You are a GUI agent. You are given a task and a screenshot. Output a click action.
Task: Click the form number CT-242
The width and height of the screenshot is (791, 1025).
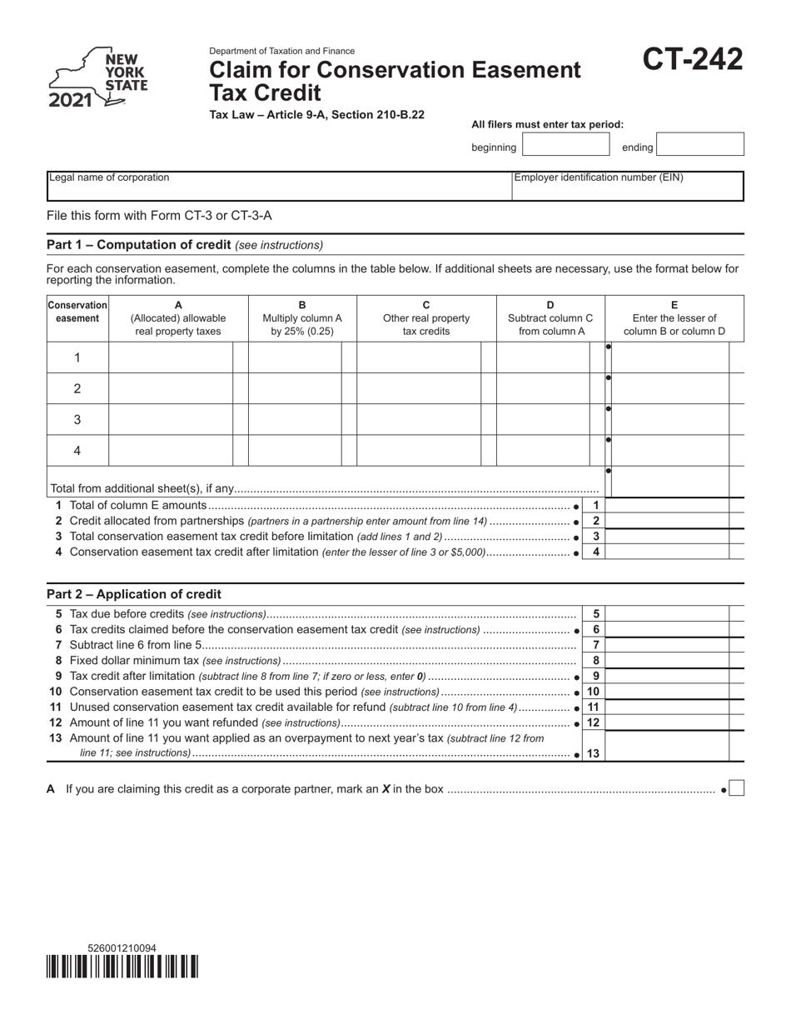[x=692, y=60]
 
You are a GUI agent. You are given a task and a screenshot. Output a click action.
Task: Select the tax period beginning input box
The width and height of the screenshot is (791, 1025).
[x=566, y=144]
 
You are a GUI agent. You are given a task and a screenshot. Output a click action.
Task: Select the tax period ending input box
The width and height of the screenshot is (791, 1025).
[x=700, y=144]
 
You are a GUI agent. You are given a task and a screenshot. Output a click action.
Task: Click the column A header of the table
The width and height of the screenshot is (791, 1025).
[x=178, y=317]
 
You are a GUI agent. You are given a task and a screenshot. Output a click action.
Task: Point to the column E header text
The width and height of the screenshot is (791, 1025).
[x=674, y=317]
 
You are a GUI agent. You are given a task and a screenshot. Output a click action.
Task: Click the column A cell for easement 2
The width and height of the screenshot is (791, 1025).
[x=171, y=388]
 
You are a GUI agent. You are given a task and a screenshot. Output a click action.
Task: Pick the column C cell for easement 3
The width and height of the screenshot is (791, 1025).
[x=418, y=420]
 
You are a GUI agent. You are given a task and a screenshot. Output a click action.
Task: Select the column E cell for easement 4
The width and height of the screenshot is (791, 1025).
[x=670, y=451]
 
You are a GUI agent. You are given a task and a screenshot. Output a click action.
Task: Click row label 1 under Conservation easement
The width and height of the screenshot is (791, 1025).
[x=77, y=357]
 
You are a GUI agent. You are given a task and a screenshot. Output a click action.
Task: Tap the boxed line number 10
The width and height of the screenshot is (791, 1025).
[x=594, y=692]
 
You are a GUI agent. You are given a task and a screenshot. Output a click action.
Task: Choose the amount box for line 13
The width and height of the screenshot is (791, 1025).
[x=670, y=747]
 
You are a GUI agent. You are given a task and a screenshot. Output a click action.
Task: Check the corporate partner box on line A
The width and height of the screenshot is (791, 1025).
[x=736, y=788]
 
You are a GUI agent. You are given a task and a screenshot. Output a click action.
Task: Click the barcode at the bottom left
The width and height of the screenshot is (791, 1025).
[x=122, y=966]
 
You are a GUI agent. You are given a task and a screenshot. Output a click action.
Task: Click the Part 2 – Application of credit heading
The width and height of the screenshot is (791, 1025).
[x=134, y=594]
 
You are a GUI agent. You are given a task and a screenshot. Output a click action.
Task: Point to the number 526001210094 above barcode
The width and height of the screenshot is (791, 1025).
[x=122, y=948]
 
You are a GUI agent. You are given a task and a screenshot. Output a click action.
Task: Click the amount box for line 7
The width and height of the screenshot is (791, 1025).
[x=670, y=645]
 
